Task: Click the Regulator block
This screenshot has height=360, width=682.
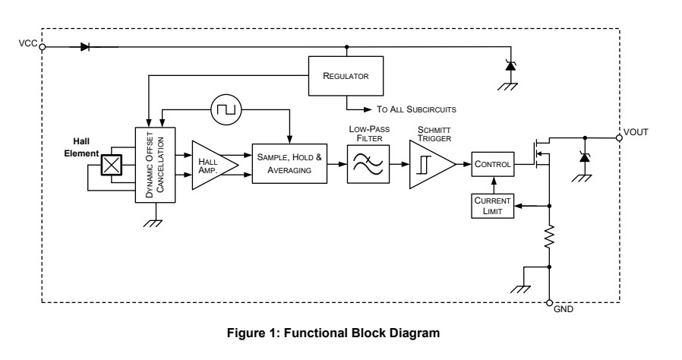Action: point(346,76)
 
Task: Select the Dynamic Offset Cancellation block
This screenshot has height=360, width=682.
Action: point(155,165)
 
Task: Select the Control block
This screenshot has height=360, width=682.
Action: point(492,164)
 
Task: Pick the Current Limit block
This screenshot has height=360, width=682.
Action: point(492,204)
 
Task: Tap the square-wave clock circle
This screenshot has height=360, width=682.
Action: point(225,111)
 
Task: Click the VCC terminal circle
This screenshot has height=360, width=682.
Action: point(42,46)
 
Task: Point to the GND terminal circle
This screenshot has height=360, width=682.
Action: point(549,303)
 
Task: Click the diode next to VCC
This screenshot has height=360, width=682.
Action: point(84,46)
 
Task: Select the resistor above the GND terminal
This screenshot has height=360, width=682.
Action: point(549,238)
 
